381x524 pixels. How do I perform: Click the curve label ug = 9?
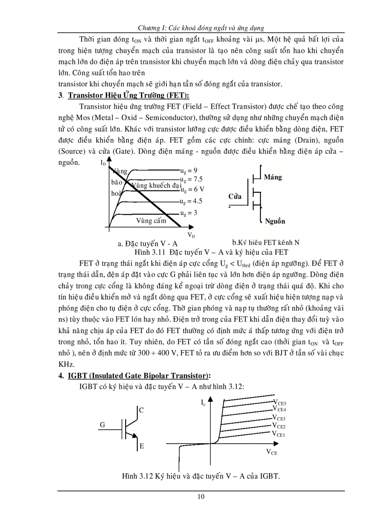coord(189,170)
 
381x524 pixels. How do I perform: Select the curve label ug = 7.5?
coord(191,179)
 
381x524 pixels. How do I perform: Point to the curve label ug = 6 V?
coord(192,190)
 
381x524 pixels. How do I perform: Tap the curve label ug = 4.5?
coord(191,201)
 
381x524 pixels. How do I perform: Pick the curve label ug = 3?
coord(189,213)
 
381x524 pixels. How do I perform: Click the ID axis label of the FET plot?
coord(103,163)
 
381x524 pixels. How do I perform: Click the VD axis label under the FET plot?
coord(191,235)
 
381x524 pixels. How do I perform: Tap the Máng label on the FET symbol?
coord(273,177)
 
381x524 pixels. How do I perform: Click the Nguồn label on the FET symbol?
coord(275,221)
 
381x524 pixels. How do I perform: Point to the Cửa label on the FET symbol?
coord(235,196)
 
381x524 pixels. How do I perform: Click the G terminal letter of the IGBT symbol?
coord(103,425)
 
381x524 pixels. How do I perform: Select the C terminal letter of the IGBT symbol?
coord(141,411)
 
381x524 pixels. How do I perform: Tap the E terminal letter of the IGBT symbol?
coord(141,447)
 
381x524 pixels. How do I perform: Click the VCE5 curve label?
coord(280,402)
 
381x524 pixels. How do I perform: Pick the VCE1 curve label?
coord(279,433)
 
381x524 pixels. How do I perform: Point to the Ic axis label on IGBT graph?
coord(204,402)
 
